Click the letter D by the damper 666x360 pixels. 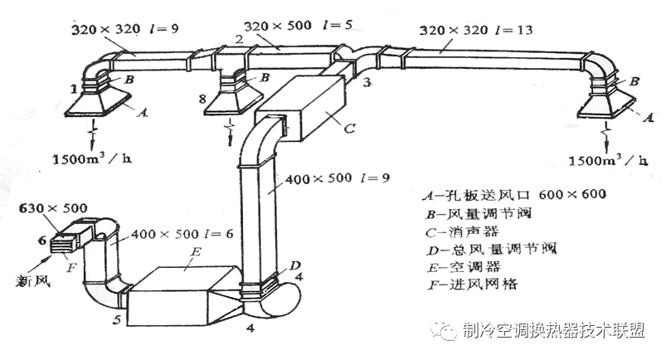(x=296, y=265)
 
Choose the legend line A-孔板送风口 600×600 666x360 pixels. (x=507, y=195)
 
